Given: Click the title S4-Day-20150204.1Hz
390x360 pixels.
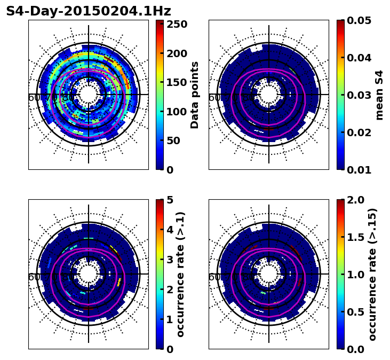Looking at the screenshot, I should tap(89, 11).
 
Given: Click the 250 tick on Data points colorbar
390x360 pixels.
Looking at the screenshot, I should tap(177, 25).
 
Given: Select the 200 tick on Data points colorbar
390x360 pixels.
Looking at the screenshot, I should tap(177, 53).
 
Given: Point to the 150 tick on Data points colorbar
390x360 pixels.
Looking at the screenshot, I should tap(177, 83).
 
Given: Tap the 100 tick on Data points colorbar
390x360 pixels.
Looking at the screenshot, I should tap(177, 112).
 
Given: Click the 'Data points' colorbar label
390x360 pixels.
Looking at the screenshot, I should tap(195, 95).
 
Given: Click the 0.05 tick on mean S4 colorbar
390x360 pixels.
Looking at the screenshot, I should tap(360, 20).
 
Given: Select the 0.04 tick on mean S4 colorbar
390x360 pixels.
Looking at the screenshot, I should tap(360, 58).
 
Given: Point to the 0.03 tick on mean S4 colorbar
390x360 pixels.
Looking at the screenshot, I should tap(360, 95).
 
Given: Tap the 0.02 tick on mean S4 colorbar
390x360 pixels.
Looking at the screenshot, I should tap(360, 132).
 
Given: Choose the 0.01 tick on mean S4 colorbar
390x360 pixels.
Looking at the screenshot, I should tap(360, 170).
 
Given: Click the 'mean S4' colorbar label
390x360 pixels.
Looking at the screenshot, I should tap(379, 95).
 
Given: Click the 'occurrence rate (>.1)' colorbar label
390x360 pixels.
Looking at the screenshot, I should tap(180, 274).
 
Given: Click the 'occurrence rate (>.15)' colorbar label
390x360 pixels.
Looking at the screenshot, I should tap(372, 274).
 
